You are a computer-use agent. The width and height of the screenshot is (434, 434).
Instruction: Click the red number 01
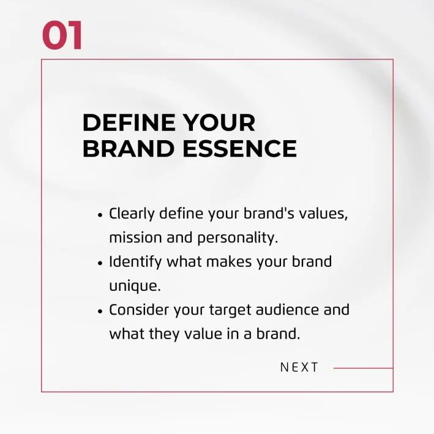(62, 36)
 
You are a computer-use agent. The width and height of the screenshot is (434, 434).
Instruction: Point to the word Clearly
(132, 214)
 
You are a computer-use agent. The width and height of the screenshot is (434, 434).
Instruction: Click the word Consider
(139, 310)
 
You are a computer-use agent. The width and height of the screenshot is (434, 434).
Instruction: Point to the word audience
(290, 310)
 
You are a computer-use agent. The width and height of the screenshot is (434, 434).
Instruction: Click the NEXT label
(299, 367)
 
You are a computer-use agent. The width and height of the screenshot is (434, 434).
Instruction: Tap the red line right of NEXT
(363, 369)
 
